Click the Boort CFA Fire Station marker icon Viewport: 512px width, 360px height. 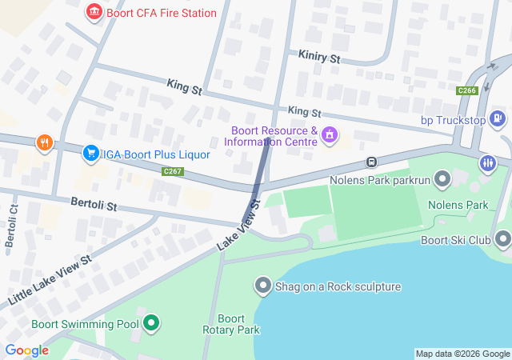point(94,13)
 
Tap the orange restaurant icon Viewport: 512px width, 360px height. point(43,143)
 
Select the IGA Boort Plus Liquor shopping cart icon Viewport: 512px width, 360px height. point(91,154)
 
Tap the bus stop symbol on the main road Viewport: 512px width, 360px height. point(371,162)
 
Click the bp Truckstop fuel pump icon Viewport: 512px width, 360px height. point(498,120)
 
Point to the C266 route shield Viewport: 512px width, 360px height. point(467,91)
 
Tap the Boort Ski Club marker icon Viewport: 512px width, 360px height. point(502,239)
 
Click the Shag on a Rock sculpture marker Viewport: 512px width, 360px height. point(262,286)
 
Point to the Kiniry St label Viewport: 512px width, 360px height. point(318,58)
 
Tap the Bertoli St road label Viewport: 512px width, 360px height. point(94,206)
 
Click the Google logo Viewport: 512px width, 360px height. point(26,350)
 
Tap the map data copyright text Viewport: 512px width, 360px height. point(462,354)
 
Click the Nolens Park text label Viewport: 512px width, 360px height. point(458,205)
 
